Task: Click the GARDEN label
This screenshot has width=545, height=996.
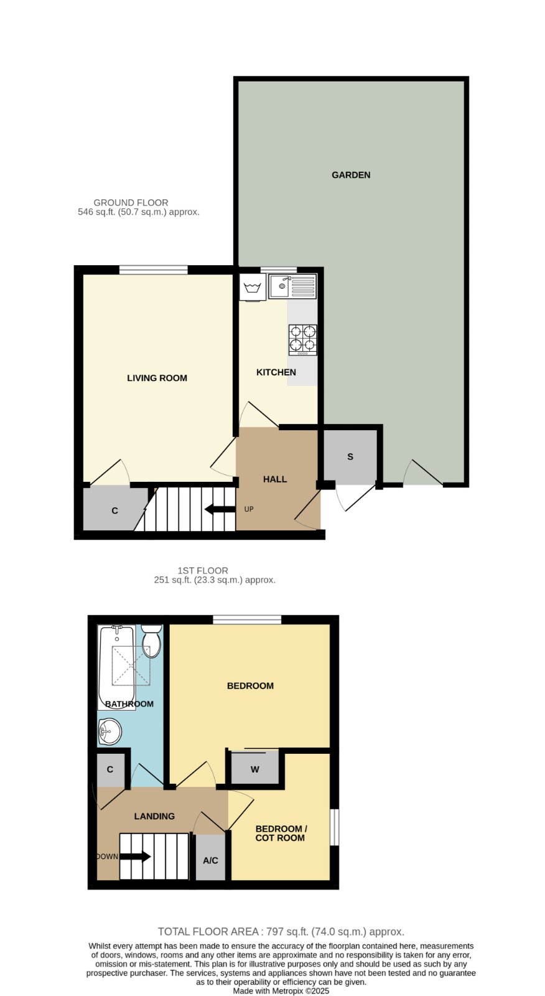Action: click(351, 175)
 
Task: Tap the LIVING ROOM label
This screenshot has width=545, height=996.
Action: click(157, 378)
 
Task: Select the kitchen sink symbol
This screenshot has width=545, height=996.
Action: click(292, 286)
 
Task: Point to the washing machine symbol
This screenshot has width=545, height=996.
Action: click(253, 287)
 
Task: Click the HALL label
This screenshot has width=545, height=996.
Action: click(275, 479)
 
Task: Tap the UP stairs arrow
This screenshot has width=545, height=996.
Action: click(220, 509)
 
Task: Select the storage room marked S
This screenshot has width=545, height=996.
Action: click(350, 456)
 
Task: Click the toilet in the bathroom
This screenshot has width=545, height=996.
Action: click(152, 641)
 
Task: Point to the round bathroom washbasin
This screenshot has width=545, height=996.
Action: click(109, 731)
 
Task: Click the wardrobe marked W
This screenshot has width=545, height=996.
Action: click(254, 769)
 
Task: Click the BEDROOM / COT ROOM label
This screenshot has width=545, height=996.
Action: click(281, 834)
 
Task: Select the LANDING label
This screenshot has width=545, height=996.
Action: click(154, 816)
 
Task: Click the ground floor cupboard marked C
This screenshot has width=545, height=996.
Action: click(114, 510)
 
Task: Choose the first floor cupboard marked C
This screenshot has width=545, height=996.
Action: click(109, 769)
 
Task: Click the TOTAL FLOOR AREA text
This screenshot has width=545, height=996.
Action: click(281, 931)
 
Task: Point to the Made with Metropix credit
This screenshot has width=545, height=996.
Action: click(281, 991)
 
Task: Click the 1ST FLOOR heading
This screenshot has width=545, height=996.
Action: click(203, 570)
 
